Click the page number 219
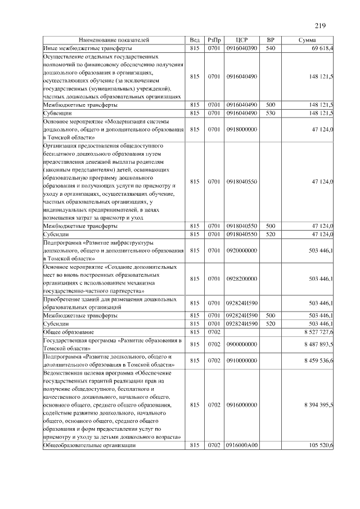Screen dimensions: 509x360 (321, 25)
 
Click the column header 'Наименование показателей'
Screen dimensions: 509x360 (114, 40)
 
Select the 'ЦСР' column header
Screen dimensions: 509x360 (242, 40)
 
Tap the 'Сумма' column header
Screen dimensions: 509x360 (307, 40)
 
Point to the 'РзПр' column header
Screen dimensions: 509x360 (214, 40)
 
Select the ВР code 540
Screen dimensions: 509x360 (270, 49)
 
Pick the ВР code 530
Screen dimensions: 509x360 (270, 113)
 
